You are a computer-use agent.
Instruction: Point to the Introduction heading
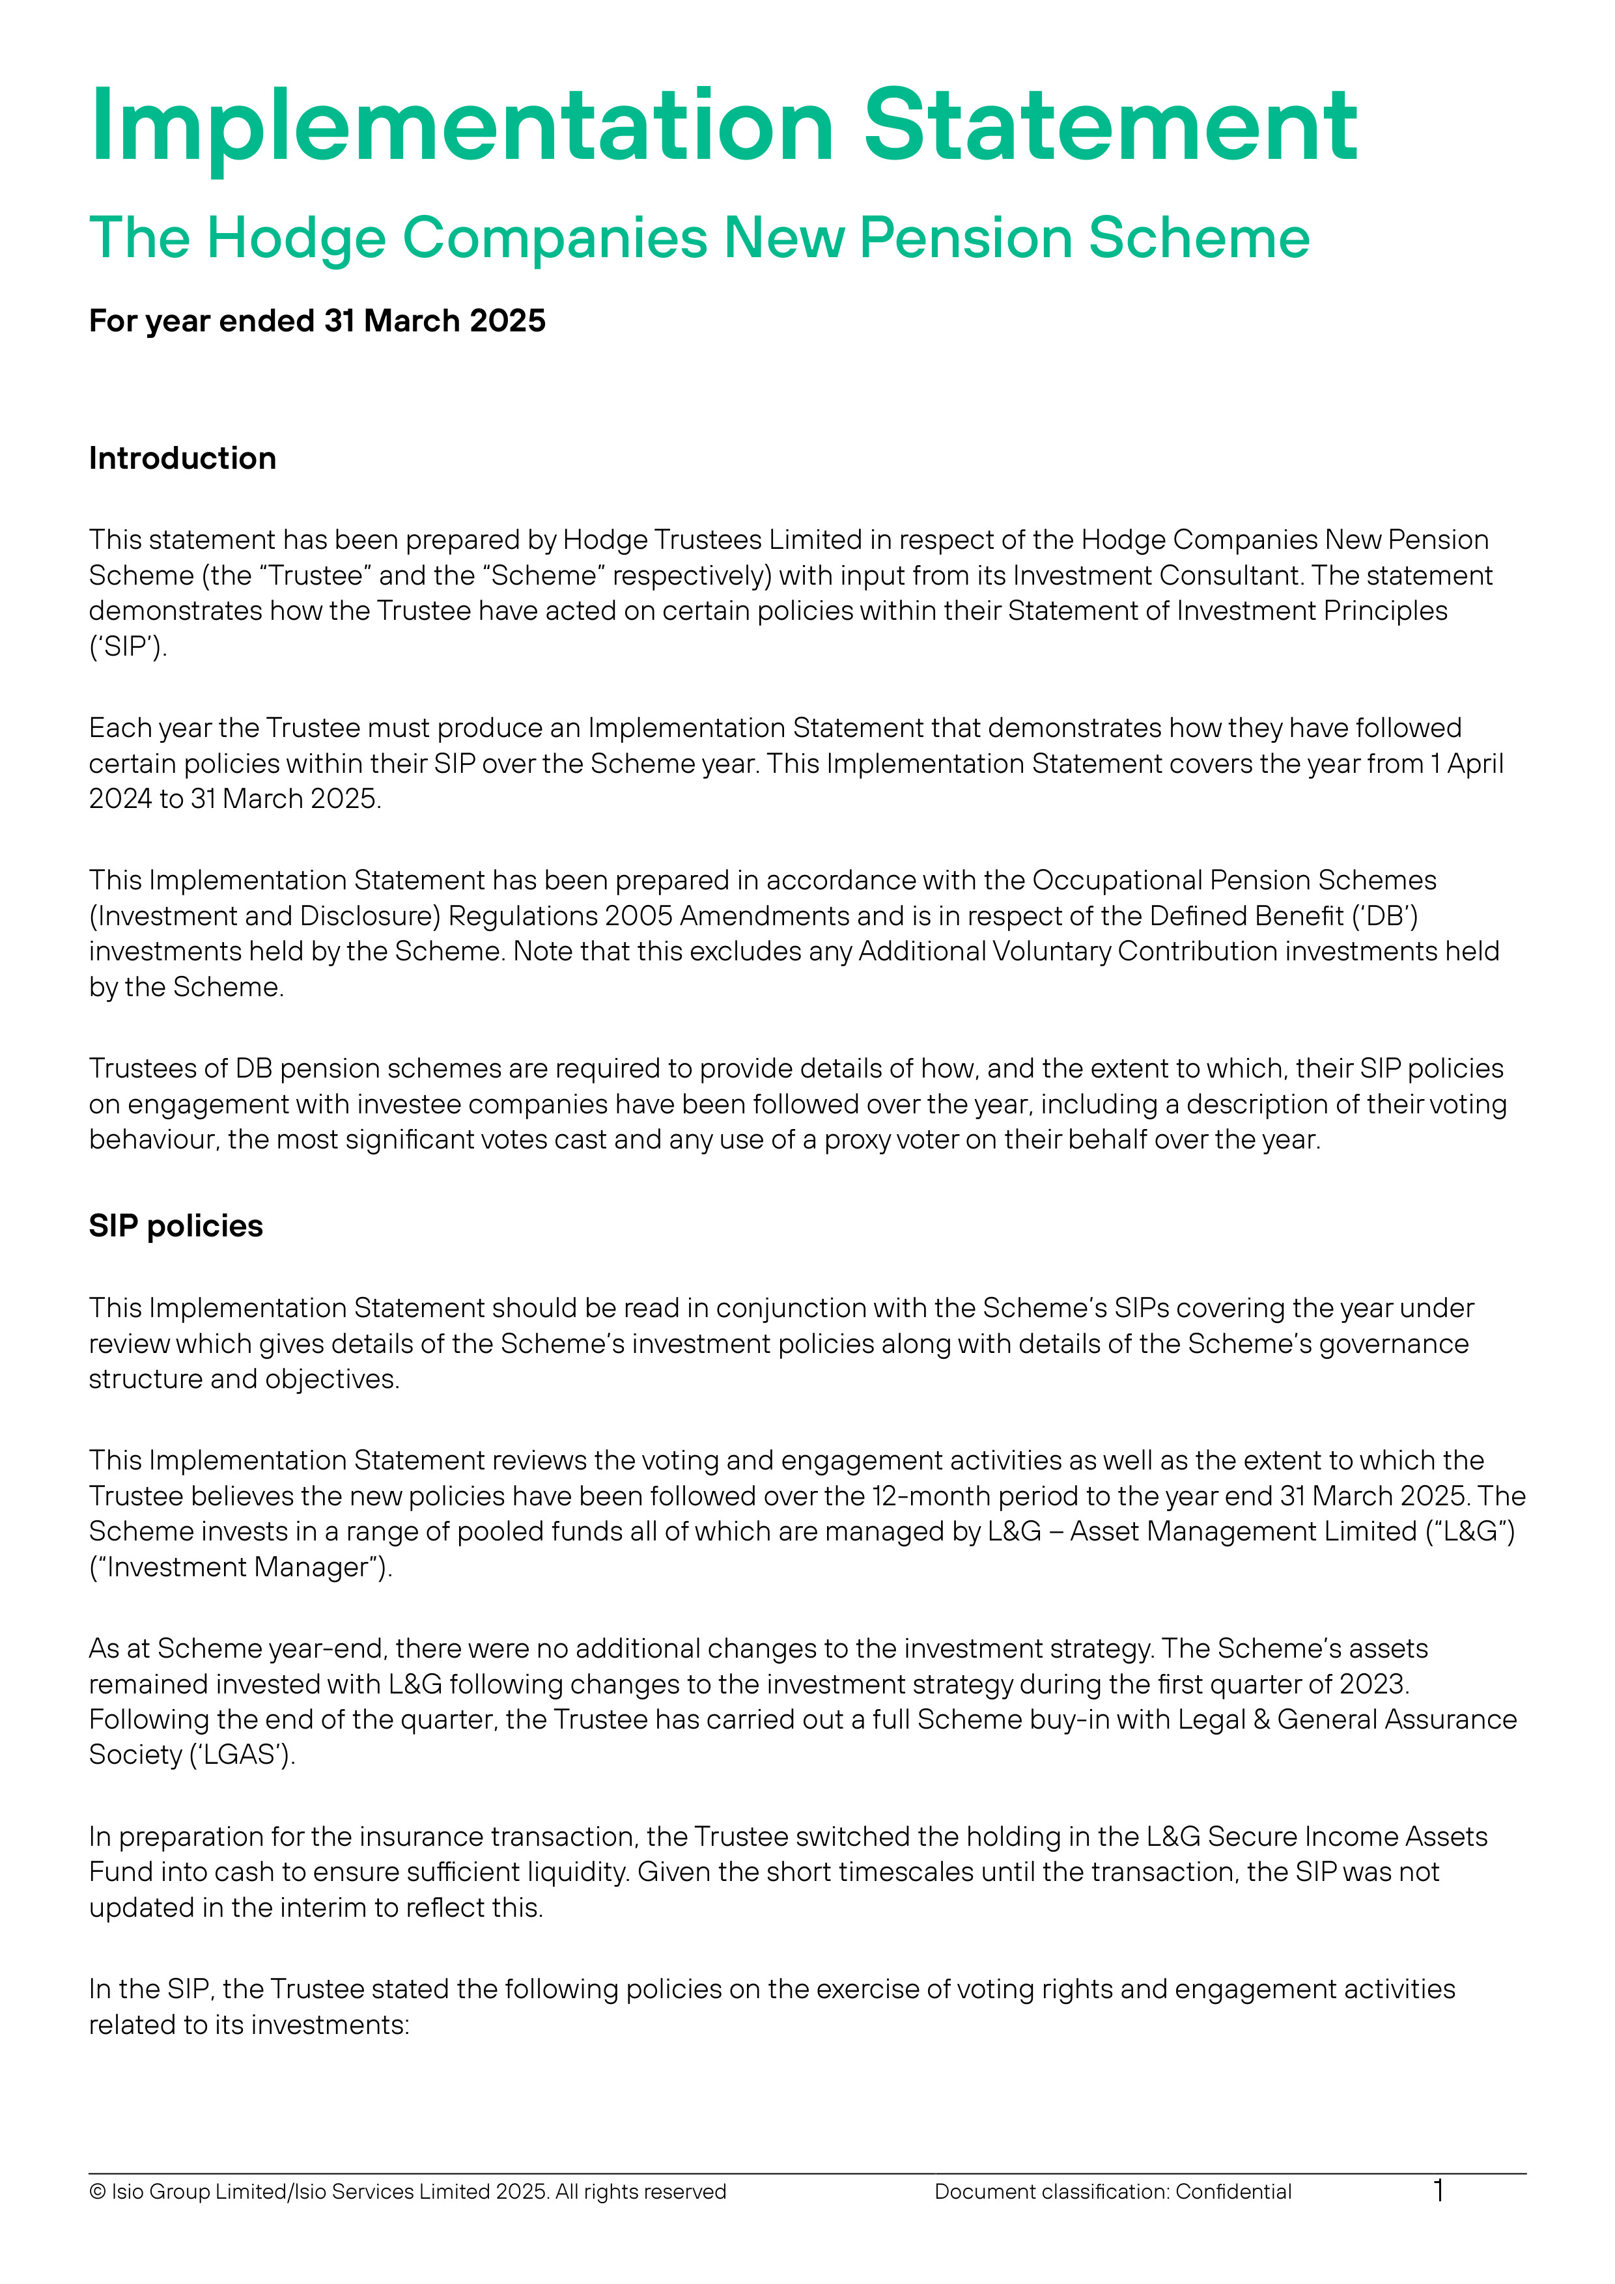pos(182,458)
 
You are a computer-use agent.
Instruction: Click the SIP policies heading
pos(175,1225)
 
